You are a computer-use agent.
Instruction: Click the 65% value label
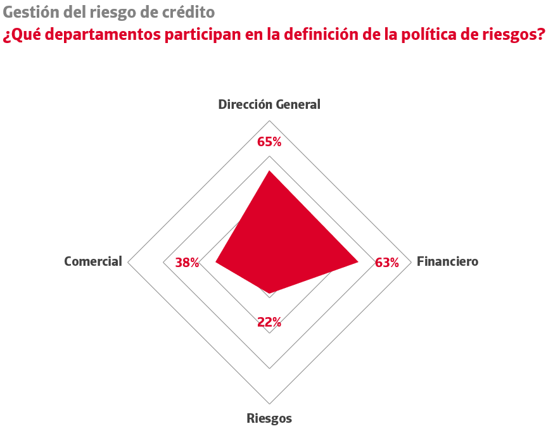click(269, 142)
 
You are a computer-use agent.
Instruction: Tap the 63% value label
click(387, 263)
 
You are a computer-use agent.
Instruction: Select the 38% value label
click(187, 263)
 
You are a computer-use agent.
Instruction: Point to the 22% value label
click(269, 322)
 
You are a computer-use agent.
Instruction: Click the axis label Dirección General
click(269, 104)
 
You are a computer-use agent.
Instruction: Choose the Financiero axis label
click(447, 261)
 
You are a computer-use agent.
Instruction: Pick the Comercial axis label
click(93, 261)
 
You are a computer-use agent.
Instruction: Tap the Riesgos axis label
click(269, 418)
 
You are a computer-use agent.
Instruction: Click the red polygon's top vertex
click(269, 171)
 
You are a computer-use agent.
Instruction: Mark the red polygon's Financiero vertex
click(359, 261)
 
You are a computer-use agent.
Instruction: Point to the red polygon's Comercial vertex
click(216, 261)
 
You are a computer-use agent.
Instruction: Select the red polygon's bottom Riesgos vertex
click(270, 294)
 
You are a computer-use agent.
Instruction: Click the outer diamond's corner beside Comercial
click(129, 261)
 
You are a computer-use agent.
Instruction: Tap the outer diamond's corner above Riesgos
click(270, 403)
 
